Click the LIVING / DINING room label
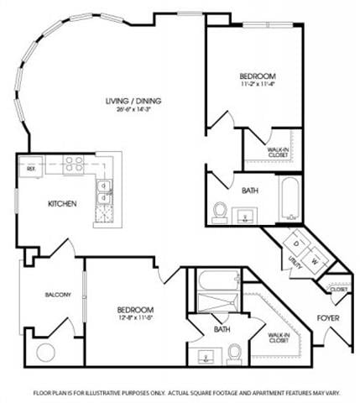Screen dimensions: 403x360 (133, 101)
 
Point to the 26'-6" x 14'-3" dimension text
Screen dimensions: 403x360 (133, 111)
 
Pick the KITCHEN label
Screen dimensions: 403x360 (62, 204)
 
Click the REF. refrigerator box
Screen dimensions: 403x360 (32, 167)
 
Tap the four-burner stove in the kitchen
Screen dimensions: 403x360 (73, 165)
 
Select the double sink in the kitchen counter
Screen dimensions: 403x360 (104, 192)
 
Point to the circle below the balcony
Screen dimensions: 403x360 (44, 351)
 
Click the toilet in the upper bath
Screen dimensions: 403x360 (220, 211)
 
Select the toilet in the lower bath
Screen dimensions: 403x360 (234, 352)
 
